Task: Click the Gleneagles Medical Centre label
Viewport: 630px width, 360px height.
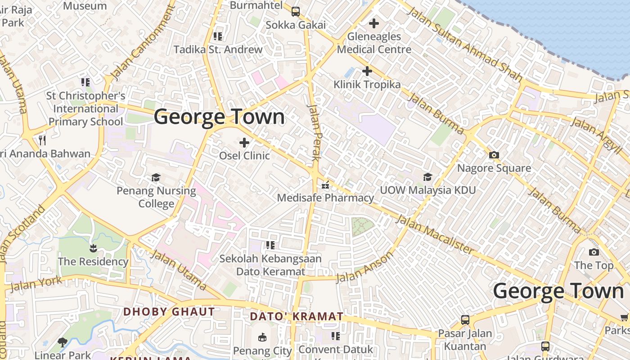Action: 374,43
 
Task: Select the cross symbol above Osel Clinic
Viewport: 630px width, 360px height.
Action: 244,143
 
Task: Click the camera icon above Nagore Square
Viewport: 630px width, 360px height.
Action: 494,155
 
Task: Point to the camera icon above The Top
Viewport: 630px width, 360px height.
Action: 594,252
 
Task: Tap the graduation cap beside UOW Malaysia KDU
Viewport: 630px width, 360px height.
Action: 427,177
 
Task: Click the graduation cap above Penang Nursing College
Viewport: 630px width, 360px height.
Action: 156,177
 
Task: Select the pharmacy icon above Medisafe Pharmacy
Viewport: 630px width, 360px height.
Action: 325,185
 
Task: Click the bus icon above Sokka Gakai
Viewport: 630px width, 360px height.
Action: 296,12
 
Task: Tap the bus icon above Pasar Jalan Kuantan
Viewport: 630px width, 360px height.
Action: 465,320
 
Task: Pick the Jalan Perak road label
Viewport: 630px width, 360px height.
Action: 314,133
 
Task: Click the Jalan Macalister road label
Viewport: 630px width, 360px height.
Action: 435,234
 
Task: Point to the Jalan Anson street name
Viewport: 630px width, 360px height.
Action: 365,267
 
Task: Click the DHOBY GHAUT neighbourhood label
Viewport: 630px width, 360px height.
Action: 169,312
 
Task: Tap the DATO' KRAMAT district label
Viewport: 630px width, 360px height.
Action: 297,316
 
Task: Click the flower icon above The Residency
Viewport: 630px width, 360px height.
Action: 93,248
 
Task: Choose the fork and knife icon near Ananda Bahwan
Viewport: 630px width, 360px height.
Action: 42,140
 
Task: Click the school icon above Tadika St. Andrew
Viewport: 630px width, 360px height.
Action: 218,36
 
